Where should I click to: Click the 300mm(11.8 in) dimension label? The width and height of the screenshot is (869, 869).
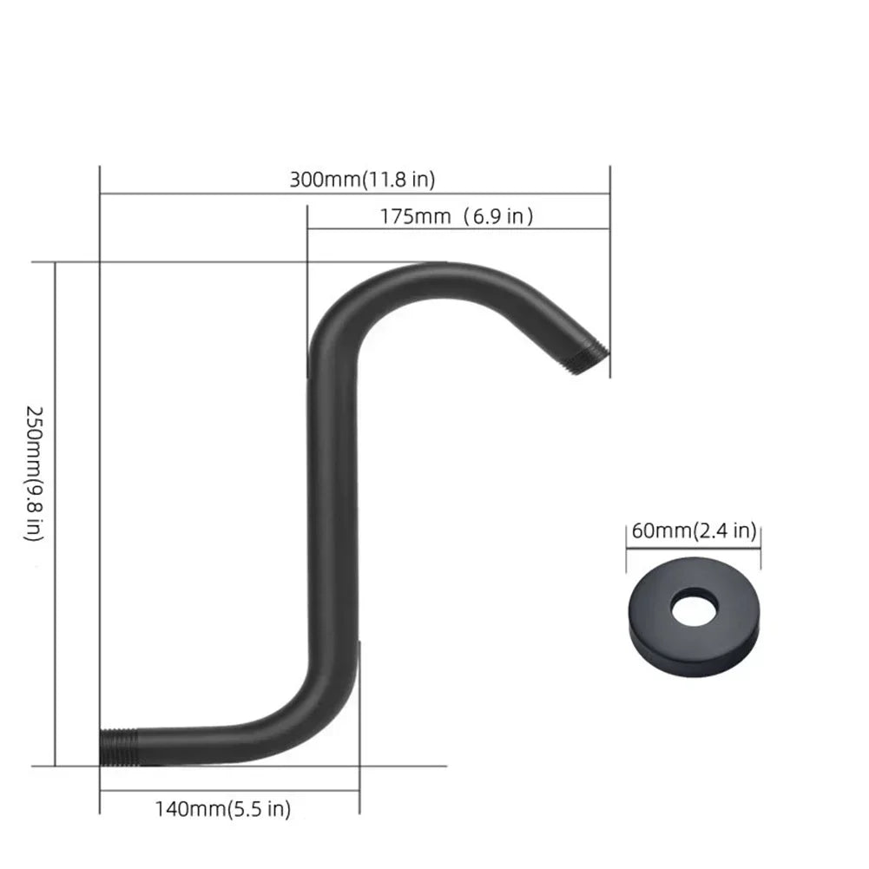tap(363, 180)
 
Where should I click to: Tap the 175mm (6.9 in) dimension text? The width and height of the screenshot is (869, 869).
tap(457, 216)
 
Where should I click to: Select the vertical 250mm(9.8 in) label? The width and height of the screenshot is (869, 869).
tap(35, 474)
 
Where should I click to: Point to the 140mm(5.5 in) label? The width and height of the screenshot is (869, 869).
tap(223, 809)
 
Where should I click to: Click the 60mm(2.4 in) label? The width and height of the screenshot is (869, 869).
tap(694, 531)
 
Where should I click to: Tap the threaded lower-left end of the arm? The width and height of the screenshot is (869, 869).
tap(119, 747)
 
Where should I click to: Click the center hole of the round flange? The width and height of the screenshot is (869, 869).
tap(695, 606)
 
